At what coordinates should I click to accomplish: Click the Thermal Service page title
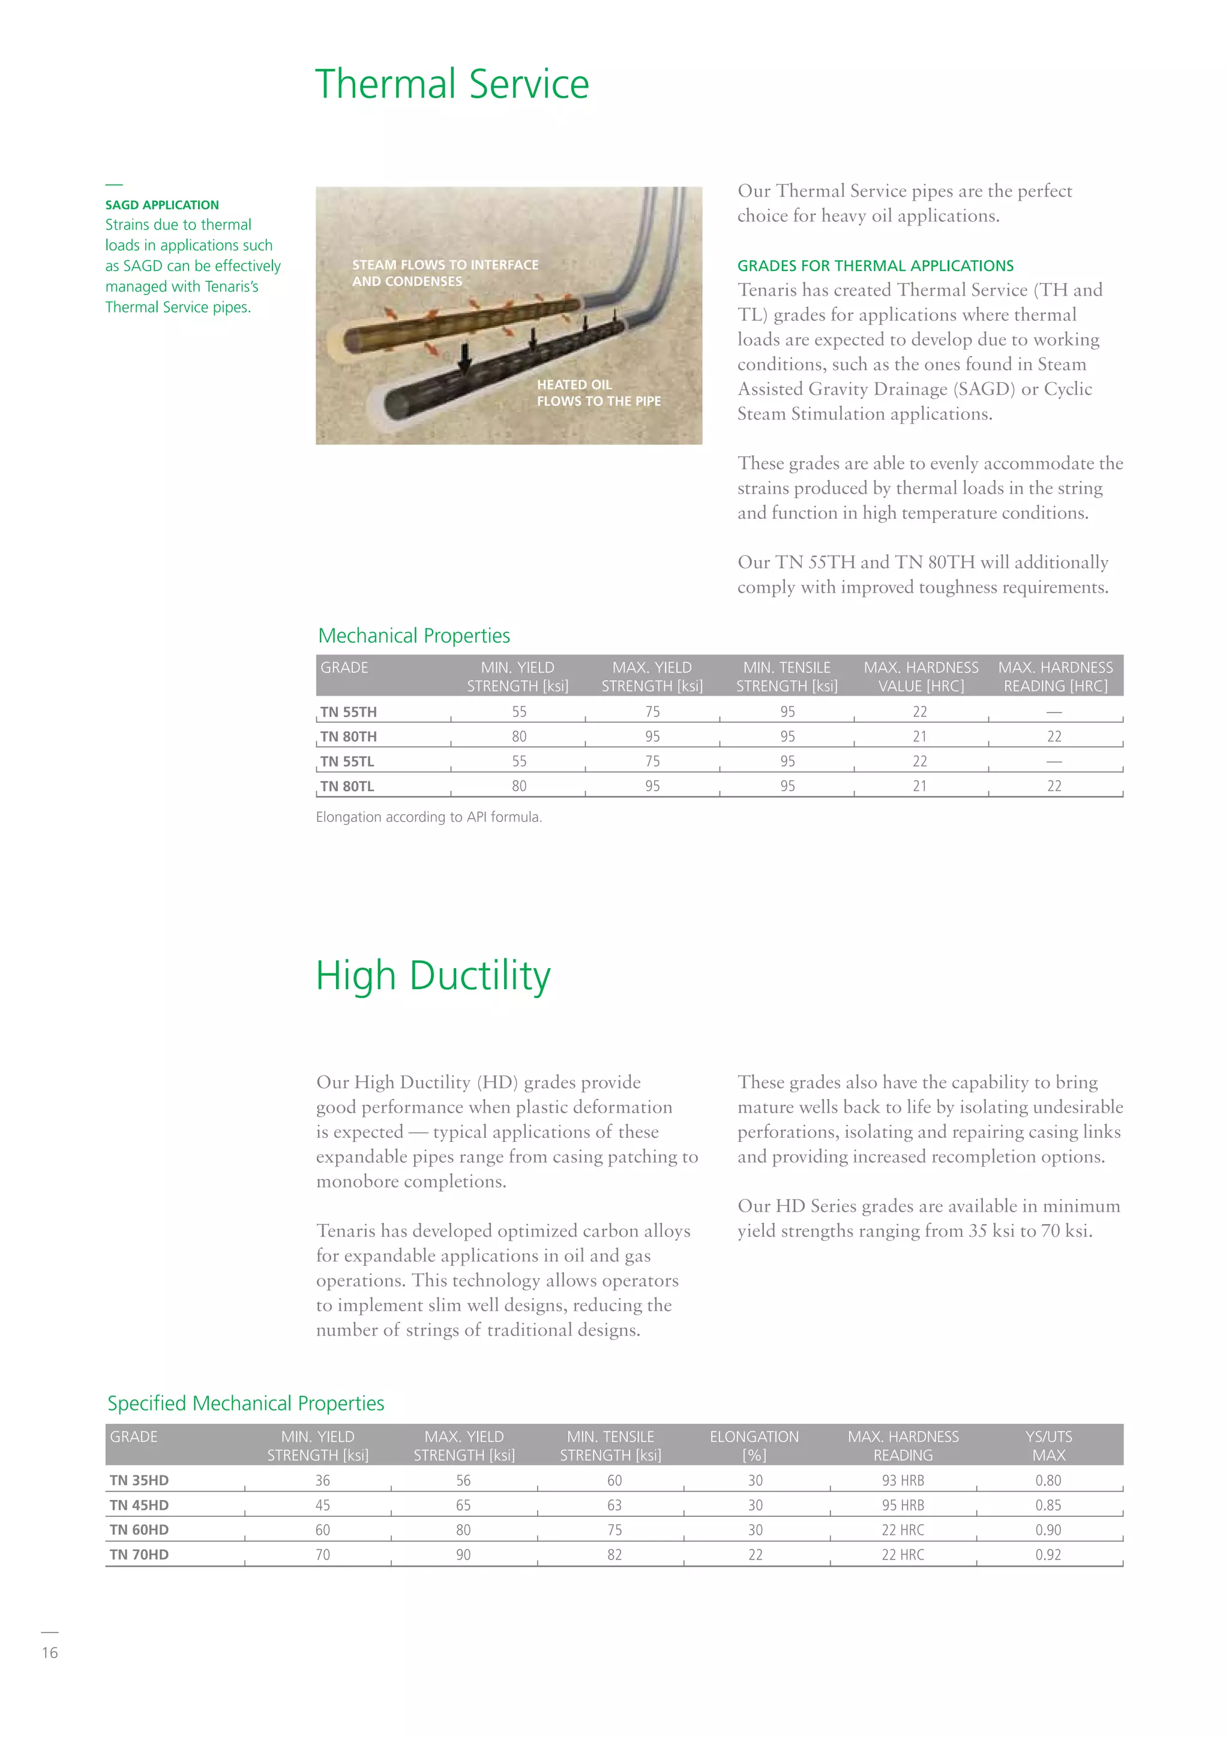pos(452,84)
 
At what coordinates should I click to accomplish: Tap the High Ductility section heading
pos(433,976)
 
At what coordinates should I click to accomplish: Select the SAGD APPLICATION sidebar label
pos(162,205)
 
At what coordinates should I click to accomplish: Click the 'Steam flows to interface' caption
pos(445,273)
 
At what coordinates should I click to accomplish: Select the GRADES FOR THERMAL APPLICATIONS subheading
pos(875,266)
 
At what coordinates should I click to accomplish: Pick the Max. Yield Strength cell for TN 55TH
pos(652,712)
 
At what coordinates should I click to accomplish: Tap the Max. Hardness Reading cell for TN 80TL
pos(1054,786)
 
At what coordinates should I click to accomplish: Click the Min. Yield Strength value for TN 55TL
pos(519,761)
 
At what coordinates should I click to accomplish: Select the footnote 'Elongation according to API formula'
pos(428,817)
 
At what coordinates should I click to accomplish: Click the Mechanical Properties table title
pos(414,636)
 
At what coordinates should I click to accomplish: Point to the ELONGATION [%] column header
pos(754,1446)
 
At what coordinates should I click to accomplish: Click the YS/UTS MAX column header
pos(1048,1446)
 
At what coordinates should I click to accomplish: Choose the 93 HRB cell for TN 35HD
pos(903,1480)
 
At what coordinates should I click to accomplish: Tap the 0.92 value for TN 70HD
pos(1048,1555)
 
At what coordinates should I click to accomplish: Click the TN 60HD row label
pos(139,1529)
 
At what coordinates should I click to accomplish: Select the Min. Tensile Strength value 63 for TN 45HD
pos(614,1505)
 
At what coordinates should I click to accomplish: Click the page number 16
pos(50,1653)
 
